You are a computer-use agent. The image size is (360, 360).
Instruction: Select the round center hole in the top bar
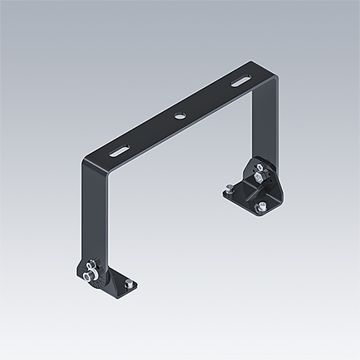(x=179, y=115)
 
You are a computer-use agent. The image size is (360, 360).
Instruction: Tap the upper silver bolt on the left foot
(x=91, y=265)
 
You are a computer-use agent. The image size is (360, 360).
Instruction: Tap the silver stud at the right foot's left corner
(x=231, y=188)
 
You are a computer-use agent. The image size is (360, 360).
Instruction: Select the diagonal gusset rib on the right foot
(x=250, y=191)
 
